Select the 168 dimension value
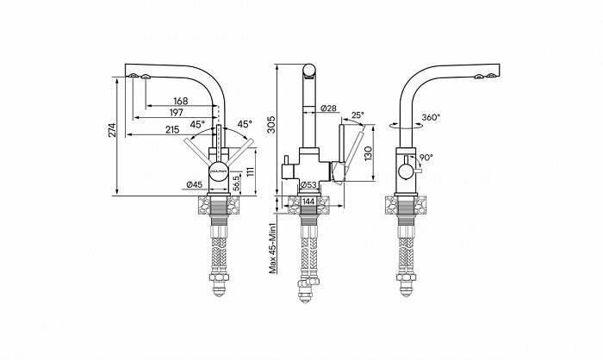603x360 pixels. pyautogui.click(x=180, y=101)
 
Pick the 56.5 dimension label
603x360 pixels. pyautogui.click(x=234, y=183)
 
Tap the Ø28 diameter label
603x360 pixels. pyautogui.click(x=327, y=109)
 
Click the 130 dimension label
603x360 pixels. pyautogui.click(x=368, y=153)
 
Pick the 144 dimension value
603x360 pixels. pyautogui.click(x=307, y=201)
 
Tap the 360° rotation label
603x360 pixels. pyautogui.click(x=431, y=117)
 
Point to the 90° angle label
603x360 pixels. pyautogui.click(x=426, y=158)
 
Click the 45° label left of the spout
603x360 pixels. pyautogui.click(x=197, y=125)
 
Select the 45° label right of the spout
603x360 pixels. pyautogui.click(x=244, y=124)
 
